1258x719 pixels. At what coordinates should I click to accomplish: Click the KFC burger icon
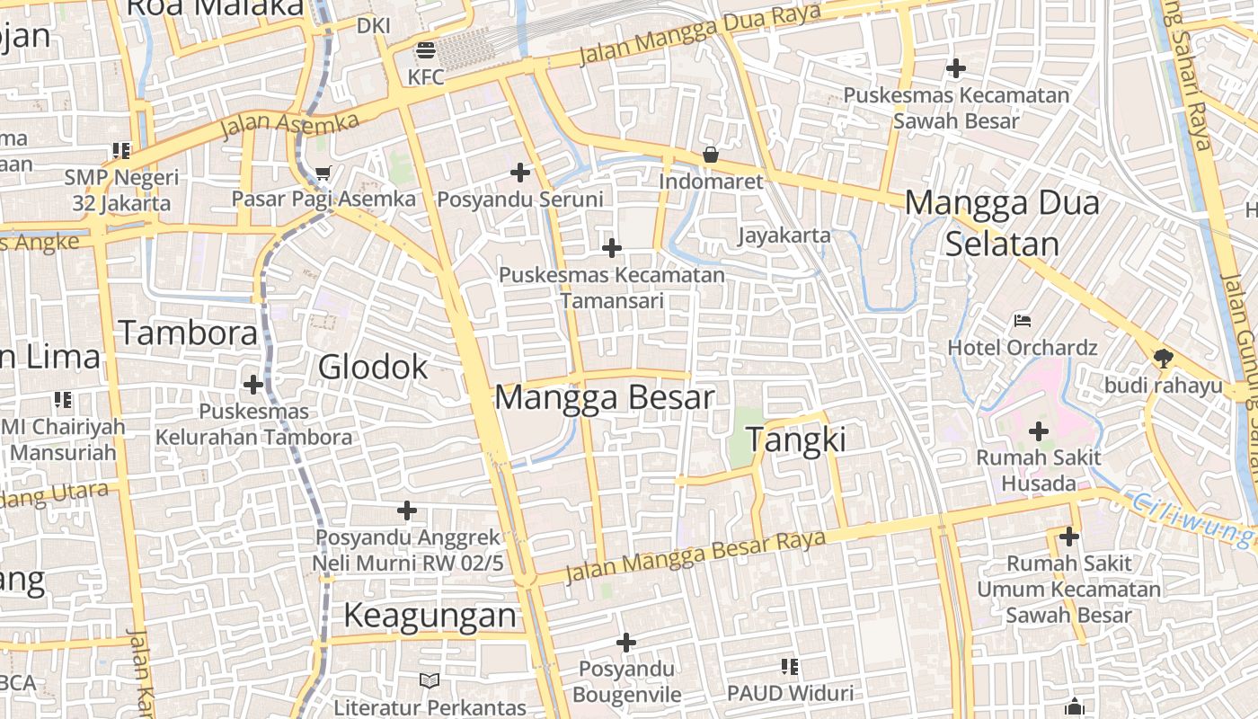[x=425, y=49]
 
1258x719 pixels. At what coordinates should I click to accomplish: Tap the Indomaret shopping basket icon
[x=710, y=155]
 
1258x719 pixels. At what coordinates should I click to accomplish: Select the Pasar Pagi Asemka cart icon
[x=323, y=172]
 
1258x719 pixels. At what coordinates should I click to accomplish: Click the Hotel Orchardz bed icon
[x=1022, y=320]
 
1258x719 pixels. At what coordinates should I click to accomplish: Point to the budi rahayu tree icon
[x=1163, y=359]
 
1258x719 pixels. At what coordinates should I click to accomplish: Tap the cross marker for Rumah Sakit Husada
[x=1039, y=431]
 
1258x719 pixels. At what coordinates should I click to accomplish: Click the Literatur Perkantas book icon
[x=430, y=681]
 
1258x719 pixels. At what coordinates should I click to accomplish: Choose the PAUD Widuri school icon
[x=790, y=667]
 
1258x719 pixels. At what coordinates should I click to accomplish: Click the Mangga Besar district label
[x=605, y=397]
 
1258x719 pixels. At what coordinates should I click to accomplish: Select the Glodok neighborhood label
[x=373, y=367]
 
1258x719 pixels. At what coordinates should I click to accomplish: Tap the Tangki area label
[x=796, y=439]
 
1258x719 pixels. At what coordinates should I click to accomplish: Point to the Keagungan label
[x=430, y=616]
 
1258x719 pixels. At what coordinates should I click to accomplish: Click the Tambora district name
[x=188, y=333]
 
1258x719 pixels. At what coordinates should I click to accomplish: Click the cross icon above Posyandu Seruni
[x=520, y=172]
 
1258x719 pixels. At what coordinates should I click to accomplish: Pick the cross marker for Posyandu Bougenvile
[x=626, y=643]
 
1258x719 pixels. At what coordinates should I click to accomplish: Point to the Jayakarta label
[x=784, y=235]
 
